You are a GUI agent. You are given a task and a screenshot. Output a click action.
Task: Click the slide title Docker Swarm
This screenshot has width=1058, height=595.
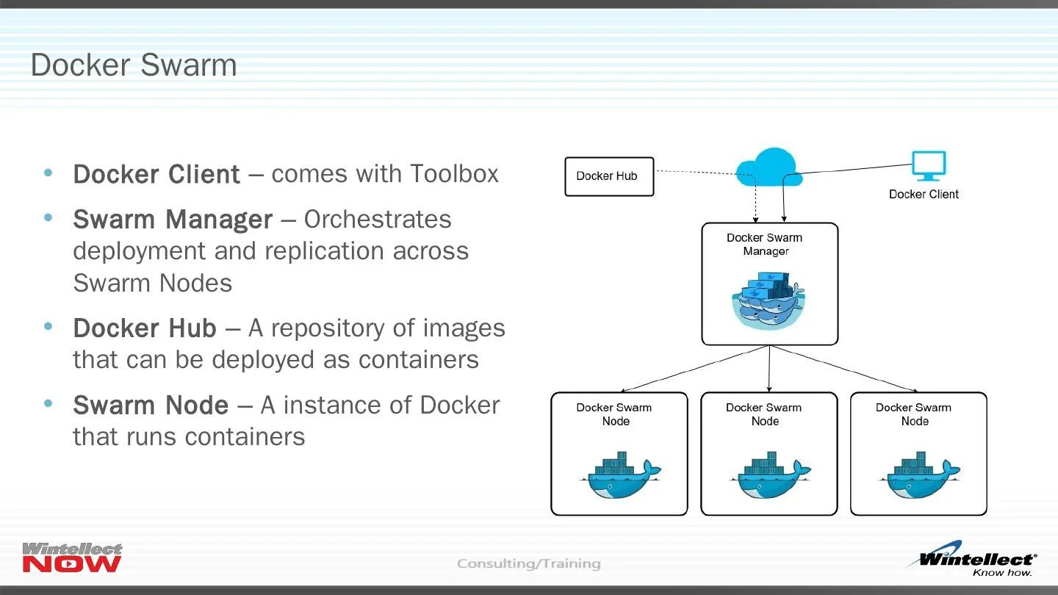134,65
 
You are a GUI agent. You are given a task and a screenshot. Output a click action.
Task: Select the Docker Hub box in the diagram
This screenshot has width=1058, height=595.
608,176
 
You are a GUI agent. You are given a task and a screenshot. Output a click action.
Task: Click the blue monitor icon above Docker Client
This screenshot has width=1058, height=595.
928,165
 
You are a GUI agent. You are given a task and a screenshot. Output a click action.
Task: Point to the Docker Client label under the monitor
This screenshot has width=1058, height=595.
924,194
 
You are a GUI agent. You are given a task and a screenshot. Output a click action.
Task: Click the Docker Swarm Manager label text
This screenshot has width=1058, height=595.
765,244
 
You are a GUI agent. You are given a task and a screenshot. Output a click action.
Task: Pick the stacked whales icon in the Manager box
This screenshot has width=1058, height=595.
768,300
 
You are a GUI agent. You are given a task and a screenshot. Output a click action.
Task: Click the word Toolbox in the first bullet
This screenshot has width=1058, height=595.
455,174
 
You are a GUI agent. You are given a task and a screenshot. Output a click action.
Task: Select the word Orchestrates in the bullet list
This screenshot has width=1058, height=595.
378,219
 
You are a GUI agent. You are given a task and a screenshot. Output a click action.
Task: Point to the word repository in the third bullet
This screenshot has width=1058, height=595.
331,328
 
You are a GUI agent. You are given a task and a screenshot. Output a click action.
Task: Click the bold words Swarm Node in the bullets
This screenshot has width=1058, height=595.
151,405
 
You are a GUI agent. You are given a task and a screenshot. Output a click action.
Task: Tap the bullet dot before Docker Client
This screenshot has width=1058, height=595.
48,173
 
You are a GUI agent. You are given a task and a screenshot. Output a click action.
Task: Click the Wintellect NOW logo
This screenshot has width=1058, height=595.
72,558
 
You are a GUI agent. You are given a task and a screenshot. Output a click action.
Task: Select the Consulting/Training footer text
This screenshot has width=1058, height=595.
528,563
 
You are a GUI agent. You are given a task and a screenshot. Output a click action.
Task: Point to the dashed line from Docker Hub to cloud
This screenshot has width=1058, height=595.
694,173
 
